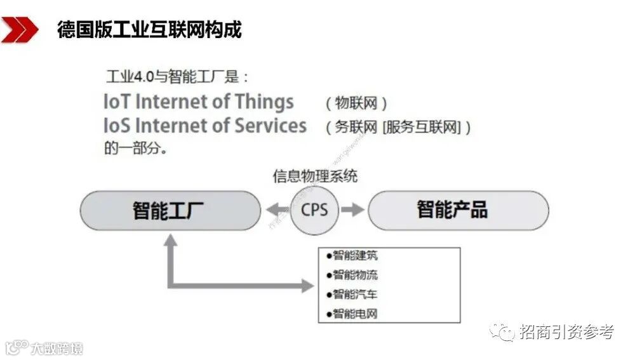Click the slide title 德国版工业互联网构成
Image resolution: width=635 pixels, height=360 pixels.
click(149, 29)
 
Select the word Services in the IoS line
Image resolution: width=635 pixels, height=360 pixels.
click(271, 125)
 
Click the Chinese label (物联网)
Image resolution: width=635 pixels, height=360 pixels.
click(356, 103)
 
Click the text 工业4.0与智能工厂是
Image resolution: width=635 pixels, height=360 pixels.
click(176, 77)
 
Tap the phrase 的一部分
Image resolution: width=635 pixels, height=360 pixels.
click(135, 149)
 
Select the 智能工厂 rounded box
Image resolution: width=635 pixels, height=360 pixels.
click(170, 210)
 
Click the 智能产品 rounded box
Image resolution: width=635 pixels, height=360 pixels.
click(458, 210)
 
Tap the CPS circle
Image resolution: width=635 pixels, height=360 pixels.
click(314, 210)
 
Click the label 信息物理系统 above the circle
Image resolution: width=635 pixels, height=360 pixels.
click(315, 176)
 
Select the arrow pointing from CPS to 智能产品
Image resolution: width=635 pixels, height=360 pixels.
click(352, 210)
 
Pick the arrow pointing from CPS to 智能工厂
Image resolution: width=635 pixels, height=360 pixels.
click(276, 210)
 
